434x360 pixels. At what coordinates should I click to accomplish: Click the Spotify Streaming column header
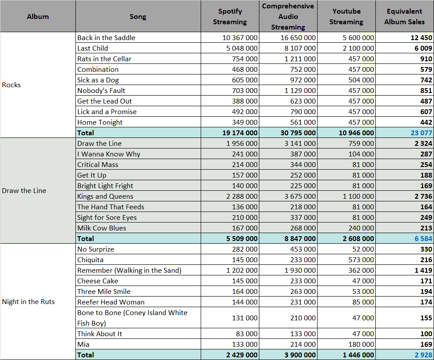[230, 17]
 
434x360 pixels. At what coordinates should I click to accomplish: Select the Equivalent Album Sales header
[404, 17]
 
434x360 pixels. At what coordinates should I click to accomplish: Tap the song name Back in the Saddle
[106, 37]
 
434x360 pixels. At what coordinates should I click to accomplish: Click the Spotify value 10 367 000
[239, 37]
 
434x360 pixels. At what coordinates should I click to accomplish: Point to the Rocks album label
[11, 85]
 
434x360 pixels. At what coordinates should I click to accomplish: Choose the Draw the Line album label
[24, 191]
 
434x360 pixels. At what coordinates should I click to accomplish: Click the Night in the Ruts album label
[28, 302]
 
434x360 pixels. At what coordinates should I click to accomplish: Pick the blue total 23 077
[421, 133]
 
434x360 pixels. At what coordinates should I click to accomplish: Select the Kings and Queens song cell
[105, 197]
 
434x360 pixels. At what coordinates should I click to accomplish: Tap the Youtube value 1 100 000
[358, 197]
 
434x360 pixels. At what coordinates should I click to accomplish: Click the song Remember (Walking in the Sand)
[129, 271]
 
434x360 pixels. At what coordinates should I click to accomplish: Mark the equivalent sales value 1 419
[423, 271]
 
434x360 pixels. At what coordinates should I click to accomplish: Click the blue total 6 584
[423, 239]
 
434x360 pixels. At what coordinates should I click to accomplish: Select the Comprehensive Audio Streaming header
[288, 17]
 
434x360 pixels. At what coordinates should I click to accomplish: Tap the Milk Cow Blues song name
[101, 228]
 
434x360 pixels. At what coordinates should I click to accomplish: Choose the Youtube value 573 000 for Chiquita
[361, 260]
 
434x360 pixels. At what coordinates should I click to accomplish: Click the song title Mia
[83, 345]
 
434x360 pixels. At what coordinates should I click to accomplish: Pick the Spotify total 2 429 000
[242, 355]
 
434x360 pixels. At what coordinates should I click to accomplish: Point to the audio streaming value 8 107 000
[300, 48]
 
